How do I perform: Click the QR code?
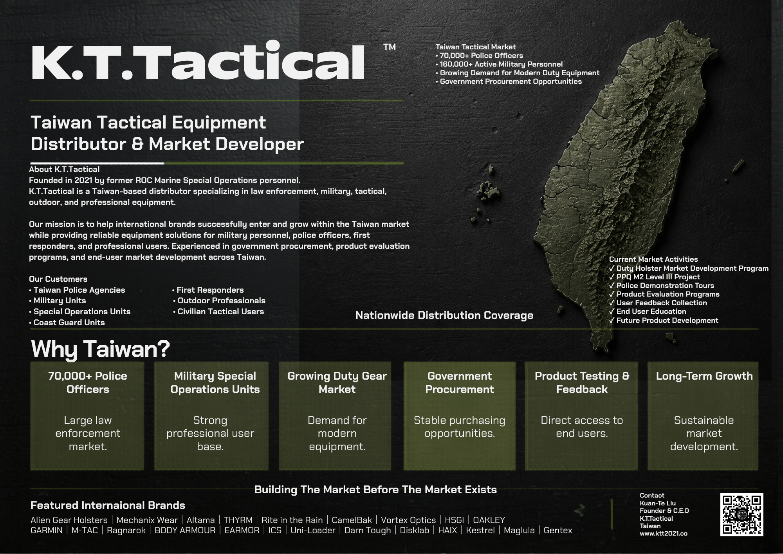point(742,514)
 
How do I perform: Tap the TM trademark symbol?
point(390,47)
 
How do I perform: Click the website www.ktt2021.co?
point(664,533)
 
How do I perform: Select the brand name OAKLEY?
point(489,520)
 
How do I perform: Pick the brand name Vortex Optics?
point(408,520)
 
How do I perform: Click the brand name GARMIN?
point(47,530)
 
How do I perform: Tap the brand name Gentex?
point(558,530)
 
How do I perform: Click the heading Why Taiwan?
point(101,349)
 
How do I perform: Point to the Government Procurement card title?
point(460,382)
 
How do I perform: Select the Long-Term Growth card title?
point(704,376)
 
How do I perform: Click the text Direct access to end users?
point(582,427)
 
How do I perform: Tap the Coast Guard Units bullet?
point(67,322)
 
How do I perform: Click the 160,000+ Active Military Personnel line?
point(499,64)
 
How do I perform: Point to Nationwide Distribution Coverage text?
point(444,315)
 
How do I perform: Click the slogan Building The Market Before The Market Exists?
point(375,489)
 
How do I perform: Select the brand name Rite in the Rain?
point(292,520)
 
